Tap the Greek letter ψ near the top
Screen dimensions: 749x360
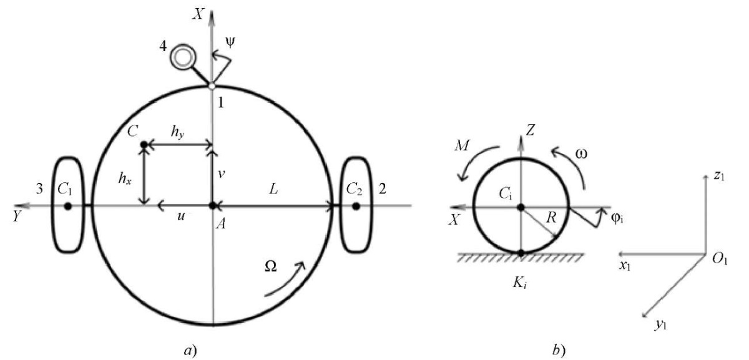tap(230, 42)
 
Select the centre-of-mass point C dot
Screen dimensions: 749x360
tap(144, 145)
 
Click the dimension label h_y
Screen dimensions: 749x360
tap(177, 132)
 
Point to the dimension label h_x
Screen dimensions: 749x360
tap(125, 178)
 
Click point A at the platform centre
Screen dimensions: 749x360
tap(212, 206)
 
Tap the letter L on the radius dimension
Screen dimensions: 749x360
tap(273, 190)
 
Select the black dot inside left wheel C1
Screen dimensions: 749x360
tap(68, 207)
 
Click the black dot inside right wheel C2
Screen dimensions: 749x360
tap(356, 207)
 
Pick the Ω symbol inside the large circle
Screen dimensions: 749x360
tap(270, 266)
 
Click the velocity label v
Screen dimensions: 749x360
tap(221, 174)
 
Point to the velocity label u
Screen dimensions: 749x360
tap(181, 216)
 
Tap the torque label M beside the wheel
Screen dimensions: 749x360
tap(463, 145)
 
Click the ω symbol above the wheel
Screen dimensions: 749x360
tap(582, 153)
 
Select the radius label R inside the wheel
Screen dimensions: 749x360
tap(551, 218)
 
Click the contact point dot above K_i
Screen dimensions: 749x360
tap(521, 253)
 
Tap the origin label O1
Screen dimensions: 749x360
tap(720, 260)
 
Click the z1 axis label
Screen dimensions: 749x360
tap(719, 175)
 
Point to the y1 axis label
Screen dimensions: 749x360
tap(661, 324)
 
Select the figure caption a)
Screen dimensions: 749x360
tap(190, 351)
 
